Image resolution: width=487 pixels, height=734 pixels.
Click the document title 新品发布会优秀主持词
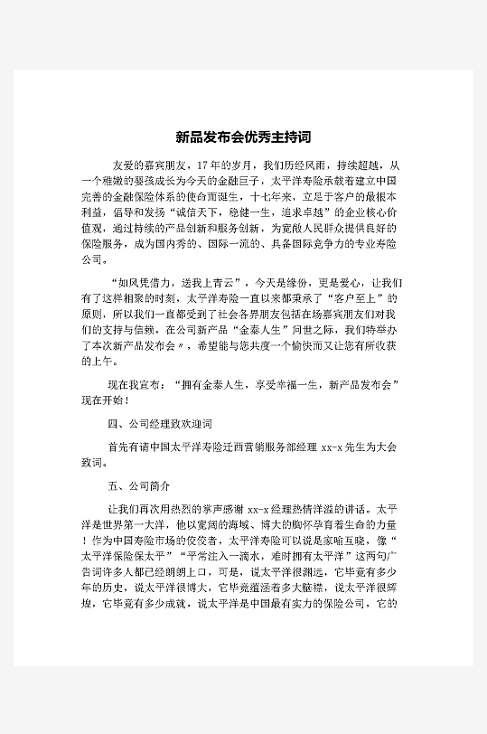[243, 138]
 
